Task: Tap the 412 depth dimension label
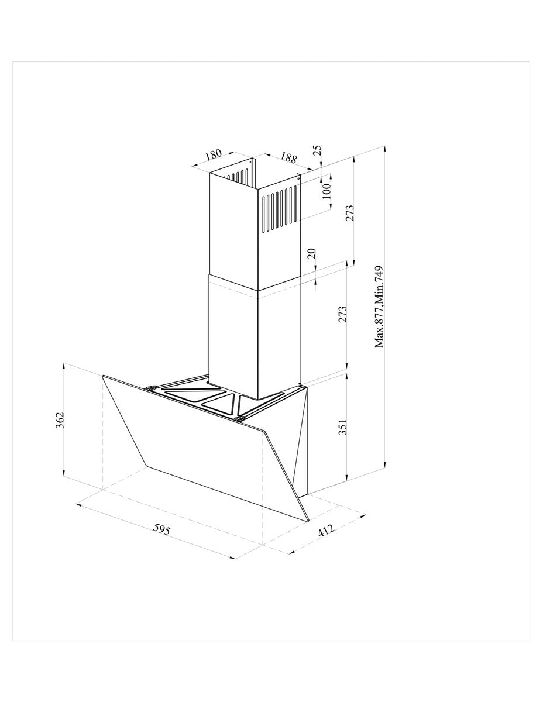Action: click(326, 539)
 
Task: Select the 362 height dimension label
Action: click(60, 420)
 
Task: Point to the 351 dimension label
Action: click(343, 426)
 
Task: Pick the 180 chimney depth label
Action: click(214, 154)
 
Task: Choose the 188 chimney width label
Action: click(288, 157)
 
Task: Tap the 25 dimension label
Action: click(318, 150)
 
